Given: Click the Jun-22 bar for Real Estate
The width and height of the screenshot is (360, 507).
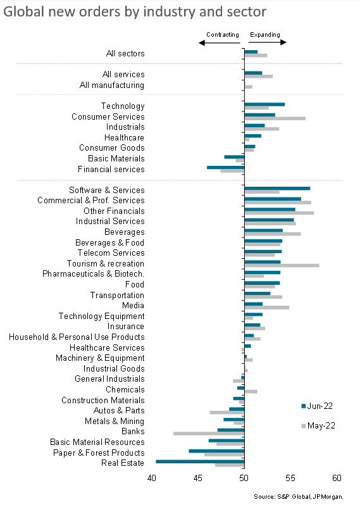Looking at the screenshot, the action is click(200, 461).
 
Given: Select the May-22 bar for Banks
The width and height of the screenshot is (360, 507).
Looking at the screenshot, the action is click(209, 434).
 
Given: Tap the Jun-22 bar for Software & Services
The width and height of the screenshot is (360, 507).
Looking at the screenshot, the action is click(277, 189).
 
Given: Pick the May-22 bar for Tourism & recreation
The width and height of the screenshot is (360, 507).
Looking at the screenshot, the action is click(282, 265).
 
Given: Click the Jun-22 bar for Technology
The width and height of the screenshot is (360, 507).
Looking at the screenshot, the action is click(264, 104).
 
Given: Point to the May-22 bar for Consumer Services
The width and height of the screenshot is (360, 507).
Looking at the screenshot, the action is click(275, 118).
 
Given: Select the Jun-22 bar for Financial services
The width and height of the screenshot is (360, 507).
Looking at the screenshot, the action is click(226, 168).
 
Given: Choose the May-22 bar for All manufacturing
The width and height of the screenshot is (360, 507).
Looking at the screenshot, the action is click(249, 87).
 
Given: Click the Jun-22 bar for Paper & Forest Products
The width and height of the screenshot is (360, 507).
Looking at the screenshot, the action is click(216, 451).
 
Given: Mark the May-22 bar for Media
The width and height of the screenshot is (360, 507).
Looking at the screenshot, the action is click(267, 308).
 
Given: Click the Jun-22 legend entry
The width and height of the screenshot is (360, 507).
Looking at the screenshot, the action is click(317, 406).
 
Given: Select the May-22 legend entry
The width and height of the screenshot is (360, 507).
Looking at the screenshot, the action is click(318, 426).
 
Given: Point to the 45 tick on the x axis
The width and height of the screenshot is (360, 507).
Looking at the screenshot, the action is click(198, 478).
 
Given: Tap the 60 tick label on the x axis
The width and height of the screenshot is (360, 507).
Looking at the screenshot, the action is click(337, 478).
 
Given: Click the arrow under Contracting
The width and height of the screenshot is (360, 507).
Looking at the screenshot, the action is click(219, 42).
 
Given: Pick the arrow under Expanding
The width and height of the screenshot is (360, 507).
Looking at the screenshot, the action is click(268, 42).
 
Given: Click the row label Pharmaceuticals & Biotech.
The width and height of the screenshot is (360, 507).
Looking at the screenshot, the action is click(93, 274).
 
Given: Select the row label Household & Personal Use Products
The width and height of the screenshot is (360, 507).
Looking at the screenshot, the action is click(77, 337).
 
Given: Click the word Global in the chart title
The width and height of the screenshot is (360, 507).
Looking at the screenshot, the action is click(23, 11).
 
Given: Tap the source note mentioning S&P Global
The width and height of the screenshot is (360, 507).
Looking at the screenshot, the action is click(299, 497).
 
